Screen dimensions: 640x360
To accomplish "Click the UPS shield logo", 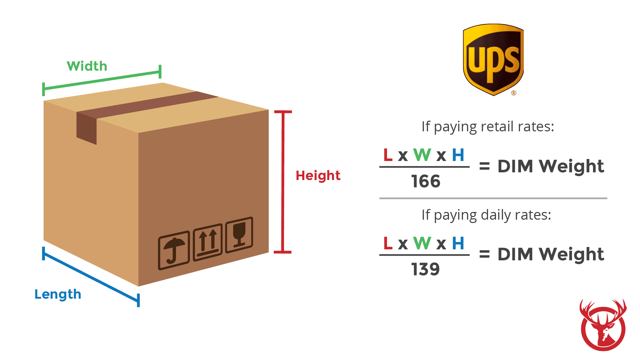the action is click(493, 60).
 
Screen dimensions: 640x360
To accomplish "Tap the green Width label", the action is click(87, 66).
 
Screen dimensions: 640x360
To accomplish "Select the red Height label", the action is click(318, 176).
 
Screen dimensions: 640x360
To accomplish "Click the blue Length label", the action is click(58, 294).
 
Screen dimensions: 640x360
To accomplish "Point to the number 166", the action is click(426, 181).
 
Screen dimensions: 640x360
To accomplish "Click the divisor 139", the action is click(426, 269).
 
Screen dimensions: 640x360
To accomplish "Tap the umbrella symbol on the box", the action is click(174, 250).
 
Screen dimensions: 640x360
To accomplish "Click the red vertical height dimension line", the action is click(283, 182).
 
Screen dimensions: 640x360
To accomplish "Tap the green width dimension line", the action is click(102, 80).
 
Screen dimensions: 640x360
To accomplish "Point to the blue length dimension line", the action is click(91, 277).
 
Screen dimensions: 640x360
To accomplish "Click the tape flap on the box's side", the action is click(86, 128).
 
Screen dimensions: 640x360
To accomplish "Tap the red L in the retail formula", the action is click(388, 155).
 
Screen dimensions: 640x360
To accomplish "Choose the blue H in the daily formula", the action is click(458, 243).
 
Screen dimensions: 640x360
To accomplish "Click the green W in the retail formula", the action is click(422, 155).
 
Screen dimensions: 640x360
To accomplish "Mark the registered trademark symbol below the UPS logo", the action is click(514, 93).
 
